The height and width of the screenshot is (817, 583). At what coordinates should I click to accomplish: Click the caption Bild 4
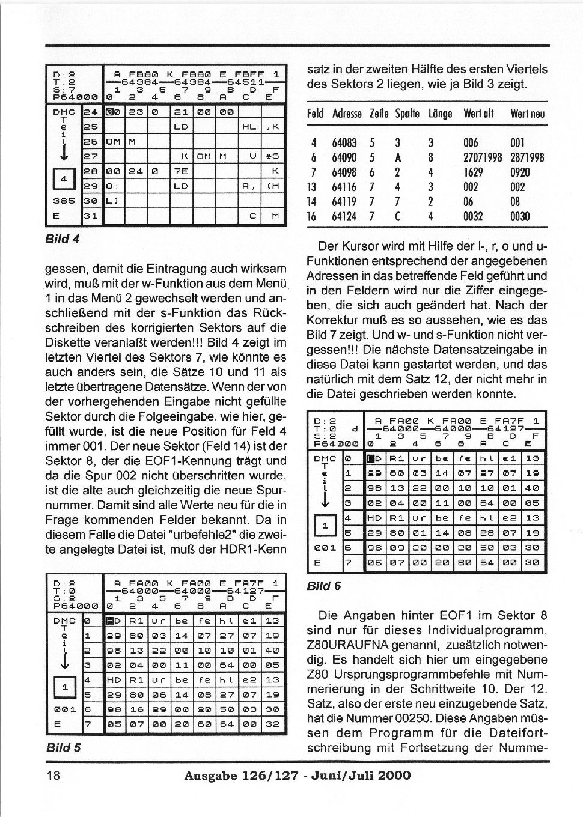coord(63,238)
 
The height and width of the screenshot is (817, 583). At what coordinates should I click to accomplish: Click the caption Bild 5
coord(63,747)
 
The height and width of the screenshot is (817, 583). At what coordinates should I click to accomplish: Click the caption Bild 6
coord(323,586)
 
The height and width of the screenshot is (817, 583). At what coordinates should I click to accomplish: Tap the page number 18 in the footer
coord(53,775)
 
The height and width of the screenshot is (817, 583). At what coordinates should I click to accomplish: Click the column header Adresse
coord(347,114)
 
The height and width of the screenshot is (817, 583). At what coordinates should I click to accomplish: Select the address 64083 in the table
coord(344,143)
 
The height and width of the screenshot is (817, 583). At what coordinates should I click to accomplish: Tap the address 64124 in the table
coord(344,216)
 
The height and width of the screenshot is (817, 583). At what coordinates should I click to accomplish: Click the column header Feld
coord(315,114)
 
